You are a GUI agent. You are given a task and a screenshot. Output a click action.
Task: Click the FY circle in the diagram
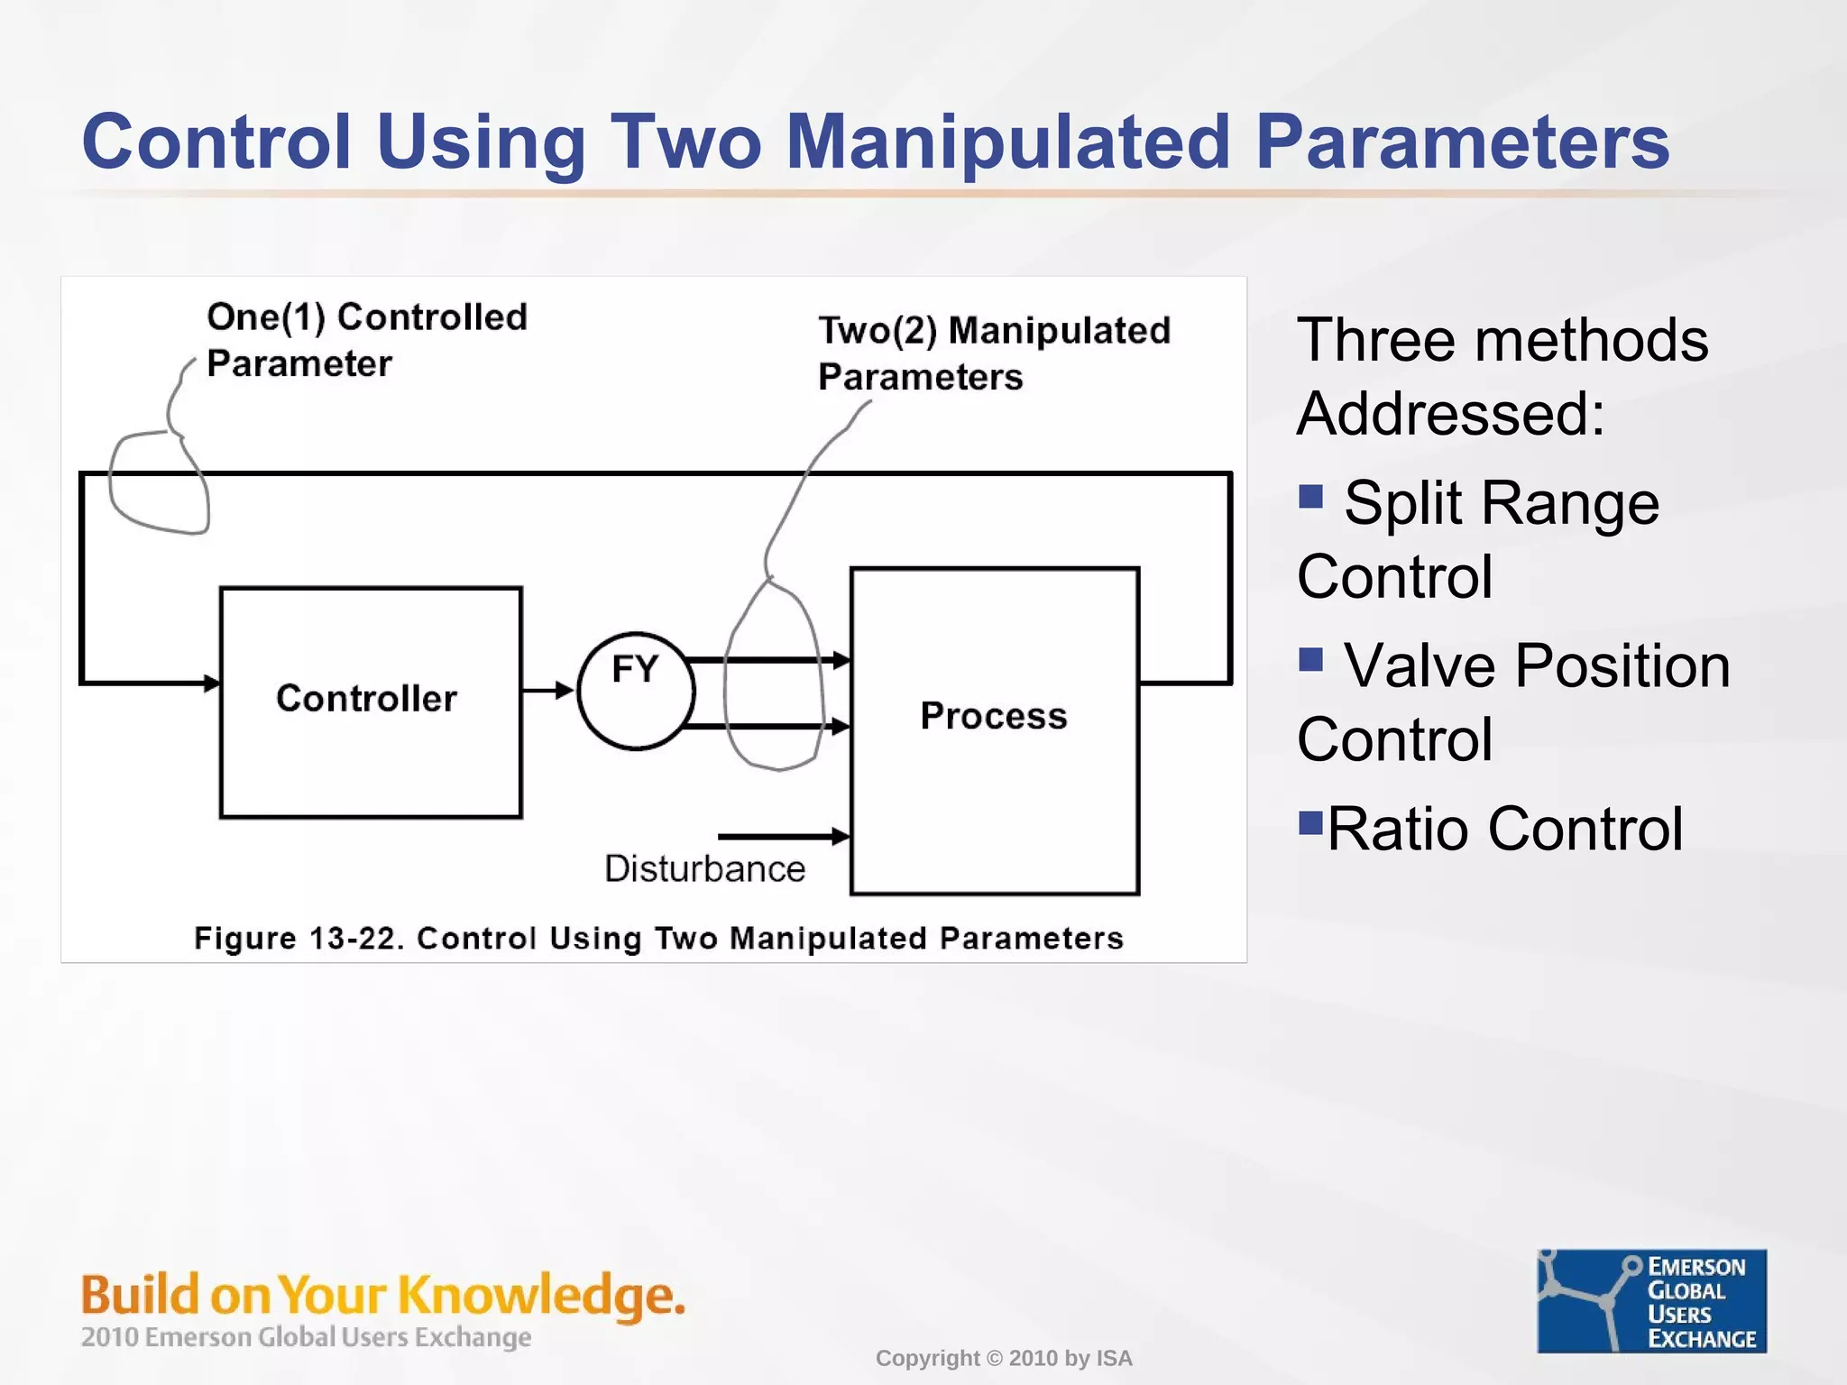tap(636, 691)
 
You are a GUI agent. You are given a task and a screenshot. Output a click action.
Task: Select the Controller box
tap(371, 702)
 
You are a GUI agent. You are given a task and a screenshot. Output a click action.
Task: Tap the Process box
tap(994, 731)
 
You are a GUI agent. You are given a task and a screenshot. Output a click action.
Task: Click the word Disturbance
tap(704, 868)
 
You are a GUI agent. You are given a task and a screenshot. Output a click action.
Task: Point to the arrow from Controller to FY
tap(547, 691)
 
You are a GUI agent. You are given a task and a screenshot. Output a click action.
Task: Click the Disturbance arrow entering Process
tap(783, 837)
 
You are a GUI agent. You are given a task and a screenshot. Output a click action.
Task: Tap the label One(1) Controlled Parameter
tap(366, 340)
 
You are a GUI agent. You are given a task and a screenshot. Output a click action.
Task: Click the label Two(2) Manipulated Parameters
tap(993, 353)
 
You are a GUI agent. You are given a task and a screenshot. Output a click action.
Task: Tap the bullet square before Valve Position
tap(1310, 660)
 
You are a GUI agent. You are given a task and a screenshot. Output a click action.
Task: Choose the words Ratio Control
tap(1504, 829)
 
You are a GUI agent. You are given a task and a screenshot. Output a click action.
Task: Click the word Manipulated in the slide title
tap(1007, 142)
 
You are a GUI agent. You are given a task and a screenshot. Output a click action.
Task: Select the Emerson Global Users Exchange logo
tap(1651, 1300)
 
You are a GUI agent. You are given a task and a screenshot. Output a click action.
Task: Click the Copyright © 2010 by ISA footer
tap(1003, 1358)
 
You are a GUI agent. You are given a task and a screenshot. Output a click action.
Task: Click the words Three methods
tap(1502, 341)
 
